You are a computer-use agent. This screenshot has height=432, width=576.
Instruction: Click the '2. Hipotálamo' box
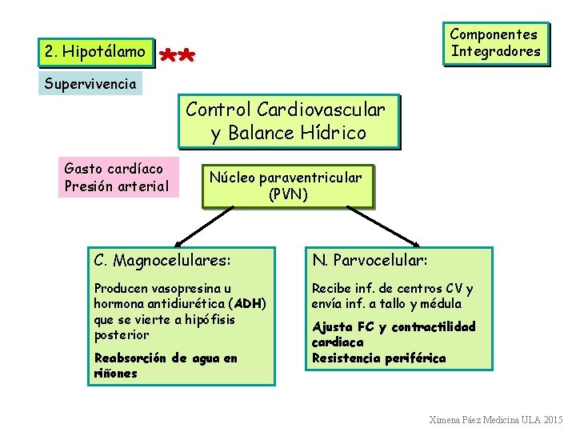pyautogui.click(x=95, y=52)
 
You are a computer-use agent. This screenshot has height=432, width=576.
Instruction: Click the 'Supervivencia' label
pyautogui.click(x=90, y=83)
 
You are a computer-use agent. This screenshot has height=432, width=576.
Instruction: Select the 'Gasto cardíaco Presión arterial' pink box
pyautogui.click(x=117, y=178)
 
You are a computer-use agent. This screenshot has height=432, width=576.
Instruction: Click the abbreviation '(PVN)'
pyautogui.click(x=288, y=194)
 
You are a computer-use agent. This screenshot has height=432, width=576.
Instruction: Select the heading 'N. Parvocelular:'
pyautogui.click(x=370, y=261)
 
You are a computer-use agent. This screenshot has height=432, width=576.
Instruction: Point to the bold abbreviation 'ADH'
pyautogui.click(x=249, y=304)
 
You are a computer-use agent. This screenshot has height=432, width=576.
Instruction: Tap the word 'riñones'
pyautogui.click(x=115, y=374)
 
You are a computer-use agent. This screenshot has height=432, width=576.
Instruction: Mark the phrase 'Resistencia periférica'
pyautogui.click(x=378, y=358)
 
